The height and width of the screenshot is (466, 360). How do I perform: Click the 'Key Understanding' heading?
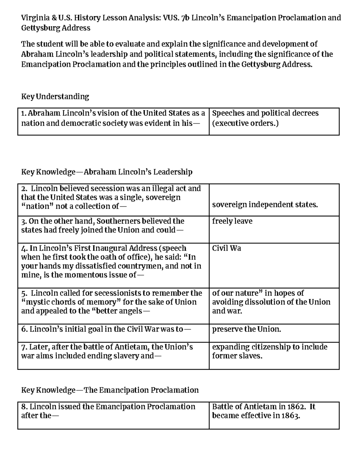55,97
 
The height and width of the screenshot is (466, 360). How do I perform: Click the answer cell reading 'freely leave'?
232,221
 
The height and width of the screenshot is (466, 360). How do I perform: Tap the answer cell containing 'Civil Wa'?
226,248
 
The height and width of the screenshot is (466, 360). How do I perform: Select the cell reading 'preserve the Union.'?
247,329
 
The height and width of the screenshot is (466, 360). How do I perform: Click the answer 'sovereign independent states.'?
265,205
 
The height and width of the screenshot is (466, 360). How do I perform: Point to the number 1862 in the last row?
295,407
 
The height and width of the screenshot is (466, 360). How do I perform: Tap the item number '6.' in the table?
24,329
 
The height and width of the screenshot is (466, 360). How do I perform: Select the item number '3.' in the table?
24,221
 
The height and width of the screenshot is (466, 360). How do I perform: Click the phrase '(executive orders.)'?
245,123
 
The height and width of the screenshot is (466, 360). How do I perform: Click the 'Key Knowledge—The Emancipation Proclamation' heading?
110,390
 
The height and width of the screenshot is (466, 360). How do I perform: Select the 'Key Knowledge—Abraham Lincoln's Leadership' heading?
106,172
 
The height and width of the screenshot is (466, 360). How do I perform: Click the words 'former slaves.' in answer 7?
237,356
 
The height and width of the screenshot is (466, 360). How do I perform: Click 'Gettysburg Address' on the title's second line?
55,28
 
